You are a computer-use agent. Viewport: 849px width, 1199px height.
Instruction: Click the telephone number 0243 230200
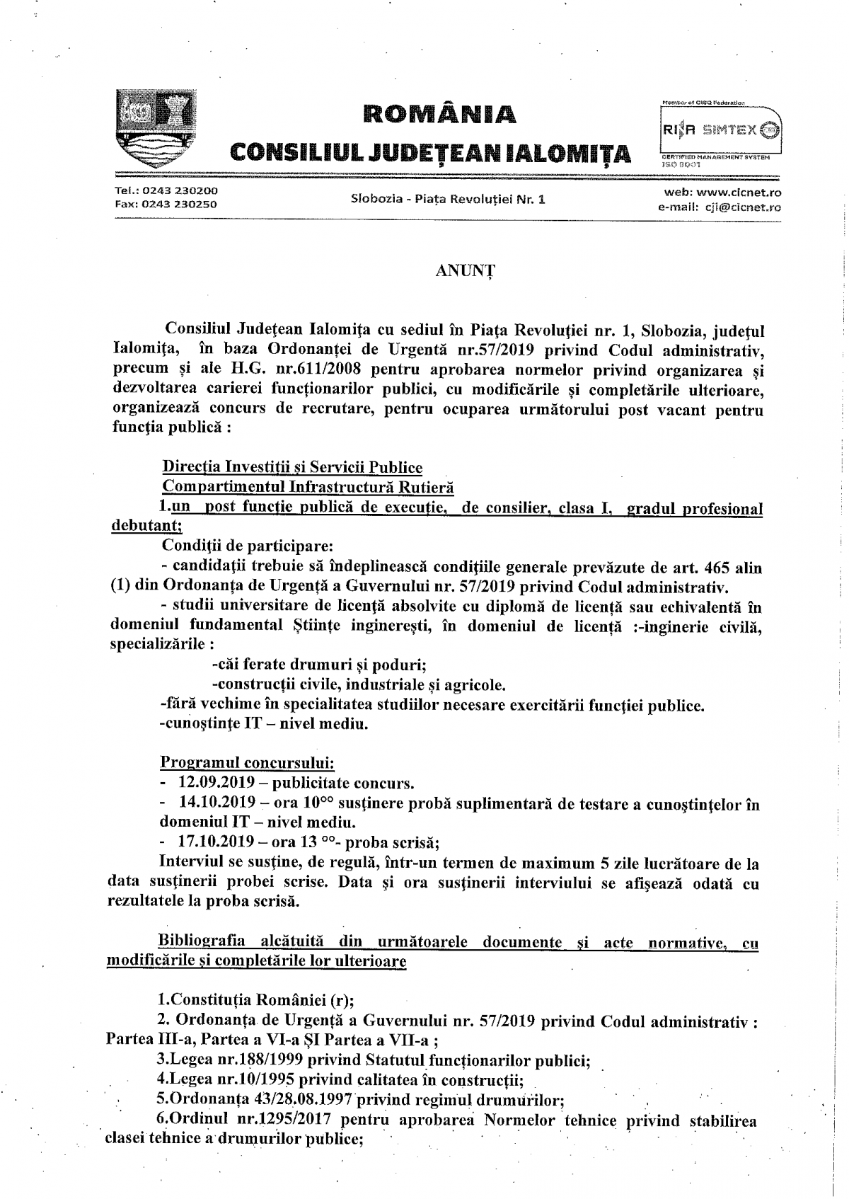(x=180, y=191)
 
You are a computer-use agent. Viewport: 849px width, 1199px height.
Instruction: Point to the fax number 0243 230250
(x=180, y=205)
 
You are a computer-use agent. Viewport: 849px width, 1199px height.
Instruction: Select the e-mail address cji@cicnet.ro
(x=743, y=207)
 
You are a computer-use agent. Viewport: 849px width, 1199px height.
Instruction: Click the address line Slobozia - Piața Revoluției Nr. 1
(x=449, y=199)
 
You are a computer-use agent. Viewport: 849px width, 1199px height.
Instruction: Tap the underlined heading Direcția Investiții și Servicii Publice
(x=292, y=468)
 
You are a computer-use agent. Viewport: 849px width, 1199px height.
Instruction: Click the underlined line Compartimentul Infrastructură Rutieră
(x=308, y=487)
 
